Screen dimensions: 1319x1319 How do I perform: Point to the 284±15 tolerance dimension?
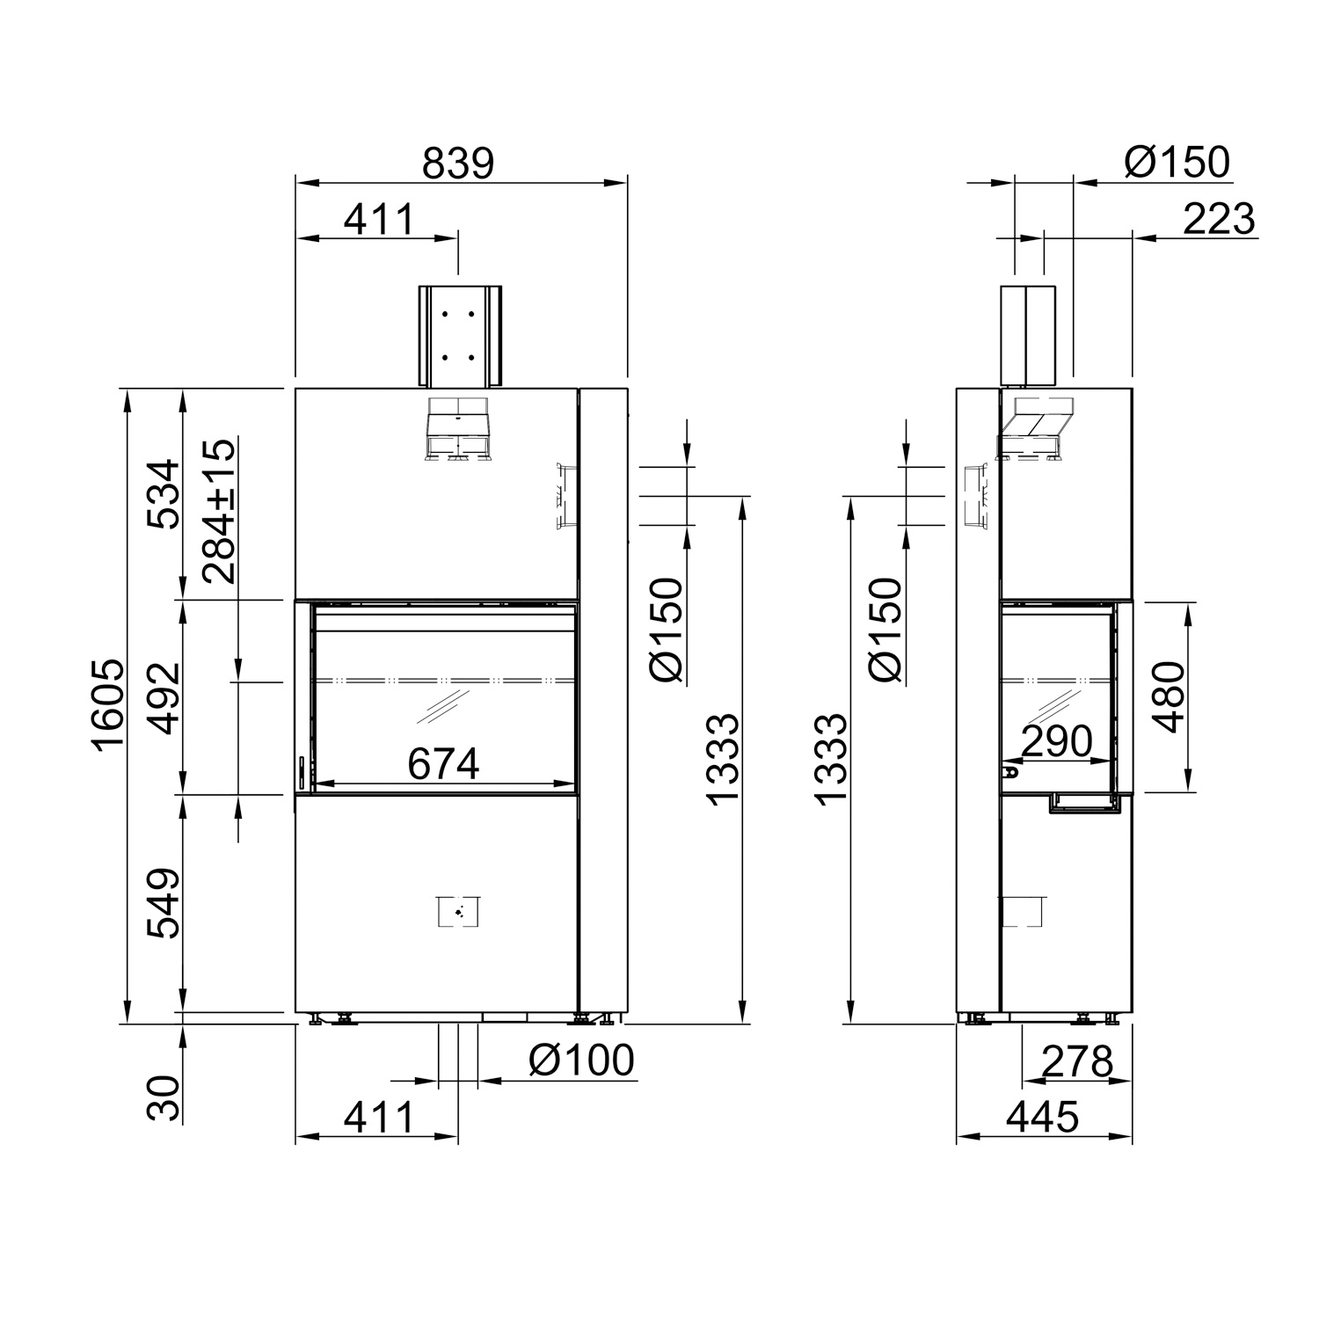[x=218, y=512]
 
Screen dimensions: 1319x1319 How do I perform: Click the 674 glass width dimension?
[x=443, y=763]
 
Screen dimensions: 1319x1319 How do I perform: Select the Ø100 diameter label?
[x=580, y=1060]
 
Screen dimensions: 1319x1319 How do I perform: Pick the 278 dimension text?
[x=1077, y=1062]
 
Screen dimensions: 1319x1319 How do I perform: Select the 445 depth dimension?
[x=1042, y=1118]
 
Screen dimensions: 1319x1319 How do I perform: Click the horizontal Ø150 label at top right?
[x=1177, y=164]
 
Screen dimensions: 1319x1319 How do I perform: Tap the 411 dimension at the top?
[x=378, y=219]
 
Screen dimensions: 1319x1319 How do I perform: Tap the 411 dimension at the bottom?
[x=378, y=1118]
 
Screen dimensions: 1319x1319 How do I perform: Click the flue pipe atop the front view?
[x=459, y=335]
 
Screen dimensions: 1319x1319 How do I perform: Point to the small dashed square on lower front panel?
[x=458, y=912]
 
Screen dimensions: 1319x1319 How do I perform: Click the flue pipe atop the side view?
[x=1028, y=335]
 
